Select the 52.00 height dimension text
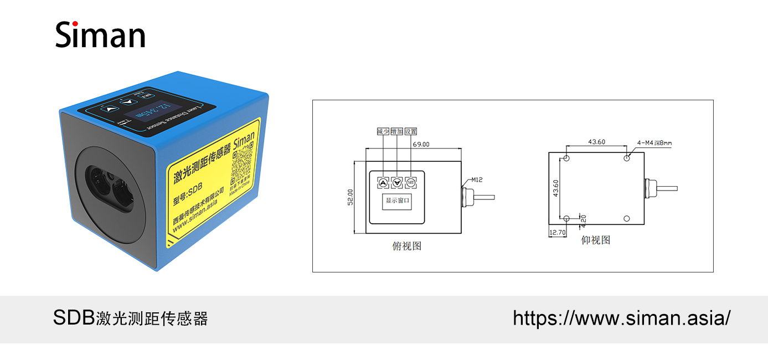pyautogui.click(x=350, y=197)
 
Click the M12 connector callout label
pyautogui.click(x=477, y=179)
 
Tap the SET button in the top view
pyautogui.click(x=410, y=182)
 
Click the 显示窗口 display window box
pyautogui.click(x=396, y=201)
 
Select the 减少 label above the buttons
pyautogui.click(x=383, y=131)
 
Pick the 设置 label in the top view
pyautogui.click(x=410, y=131)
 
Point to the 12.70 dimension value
pyautogui.click(x=556, y=233)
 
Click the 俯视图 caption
pyautogui.click(x=407, y=246)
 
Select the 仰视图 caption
pyautogui.click(x=596, y=240)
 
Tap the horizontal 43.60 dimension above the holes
pyautogui.click(x=596, y=142)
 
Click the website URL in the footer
pyautogui.click(x=621, y=318)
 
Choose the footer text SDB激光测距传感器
pyautogui.click(x=130, y=318)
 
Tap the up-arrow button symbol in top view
pyautogui.click(x=383, y=182)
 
